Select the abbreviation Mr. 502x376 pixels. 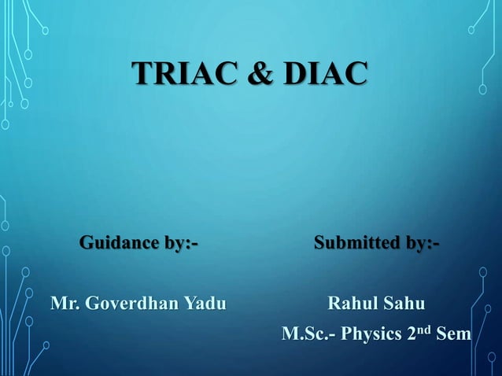(x=64, y=303)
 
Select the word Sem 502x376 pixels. (x=453, y=334)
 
